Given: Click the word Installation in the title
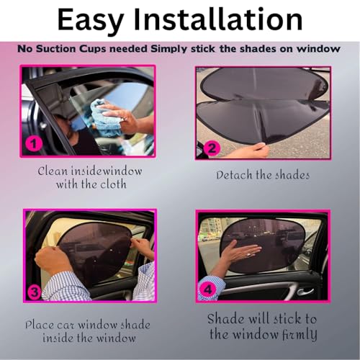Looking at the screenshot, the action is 217,19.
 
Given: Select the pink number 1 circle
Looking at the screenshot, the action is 34,144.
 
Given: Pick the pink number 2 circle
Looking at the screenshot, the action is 212,149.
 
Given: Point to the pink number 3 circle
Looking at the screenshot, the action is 35,292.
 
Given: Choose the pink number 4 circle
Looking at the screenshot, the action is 208,289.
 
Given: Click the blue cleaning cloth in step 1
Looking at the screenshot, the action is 104,117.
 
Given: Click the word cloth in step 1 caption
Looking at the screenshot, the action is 113,184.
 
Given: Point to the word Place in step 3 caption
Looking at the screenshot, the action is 40,325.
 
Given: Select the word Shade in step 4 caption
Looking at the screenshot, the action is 225,319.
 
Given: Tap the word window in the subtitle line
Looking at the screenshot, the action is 318,49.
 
